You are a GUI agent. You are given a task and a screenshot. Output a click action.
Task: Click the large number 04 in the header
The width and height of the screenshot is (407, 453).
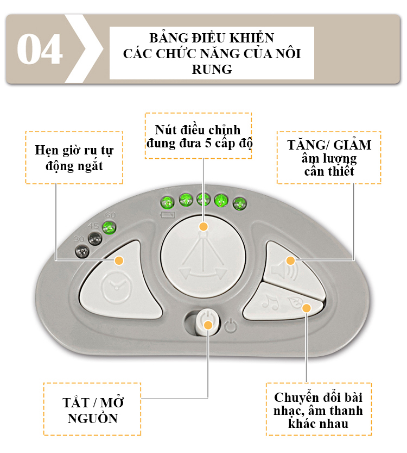40,49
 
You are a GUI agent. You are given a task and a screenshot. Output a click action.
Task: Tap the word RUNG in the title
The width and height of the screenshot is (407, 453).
212,70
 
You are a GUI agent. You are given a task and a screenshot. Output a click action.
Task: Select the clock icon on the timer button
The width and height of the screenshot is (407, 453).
117,288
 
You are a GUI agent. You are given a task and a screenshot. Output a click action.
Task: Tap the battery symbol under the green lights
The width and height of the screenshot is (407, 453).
168,215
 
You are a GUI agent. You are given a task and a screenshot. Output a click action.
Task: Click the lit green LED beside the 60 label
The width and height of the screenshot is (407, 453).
110,228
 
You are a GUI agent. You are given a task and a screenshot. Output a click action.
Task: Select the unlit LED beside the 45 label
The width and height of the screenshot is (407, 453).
95,239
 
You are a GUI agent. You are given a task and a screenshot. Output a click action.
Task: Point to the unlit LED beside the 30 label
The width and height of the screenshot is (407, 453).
82,252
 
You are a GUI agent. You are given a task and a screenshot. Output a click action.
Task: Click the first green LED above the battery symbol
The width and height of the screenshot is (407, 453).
168,202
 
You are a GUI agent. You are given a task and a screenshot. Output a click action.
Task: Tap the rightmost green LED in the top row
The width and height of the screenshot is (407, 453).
239,204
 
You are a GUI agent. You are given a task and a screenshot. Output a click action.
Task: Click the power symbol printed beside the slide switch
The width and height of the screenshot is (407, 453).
231,325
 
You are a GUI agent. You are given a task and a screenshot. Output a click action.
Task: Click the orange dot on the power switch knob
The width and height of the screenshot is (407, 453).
208,325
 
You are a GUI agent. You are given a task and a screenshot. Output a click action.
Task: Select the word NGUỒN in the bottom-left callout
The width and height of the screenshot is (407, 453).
93,419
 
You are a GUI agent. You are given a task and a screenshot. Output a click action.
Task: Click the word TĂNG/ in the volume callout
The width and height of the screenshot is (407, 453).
308,145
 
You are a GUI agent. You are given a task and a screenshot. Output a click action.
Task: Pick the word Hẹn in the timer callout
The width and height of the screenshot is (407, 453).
47,151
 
